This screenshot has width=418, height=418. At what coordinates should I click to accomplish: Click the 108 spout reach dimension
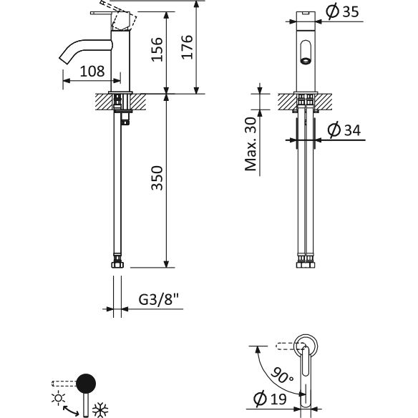92,72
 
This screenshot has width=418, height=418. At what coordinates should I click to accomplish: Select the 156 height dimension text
157,49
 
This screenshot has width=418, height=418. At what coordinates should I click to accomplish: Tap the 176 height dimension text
187,47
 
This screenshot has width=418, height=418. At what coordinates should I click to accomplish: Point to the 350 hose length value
157,178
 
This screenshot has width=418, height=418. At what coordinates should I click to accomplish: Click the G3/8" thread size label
158,299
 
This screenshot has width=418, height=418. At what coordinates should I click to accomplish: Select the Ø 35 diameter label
343,12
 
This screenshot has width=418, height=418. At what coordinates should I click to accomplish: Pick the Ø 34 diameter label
344,130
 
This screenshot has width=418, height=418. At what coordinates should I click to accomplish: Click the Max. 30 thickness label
251,144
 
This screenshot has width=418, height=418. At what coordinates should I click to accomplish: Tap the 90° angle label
282,375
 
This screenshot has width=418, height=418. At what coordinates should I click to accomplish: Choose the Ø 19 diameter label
270,399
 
